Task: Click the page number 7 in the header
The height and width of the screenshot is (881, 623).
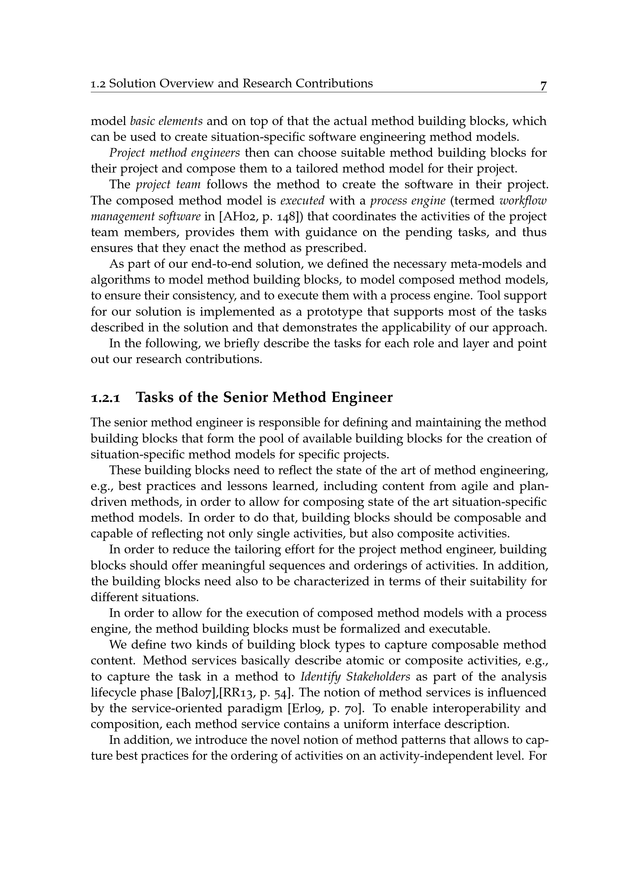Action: [543, 85]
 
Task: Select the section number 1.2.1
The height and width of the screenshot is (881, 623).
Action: [105, 398]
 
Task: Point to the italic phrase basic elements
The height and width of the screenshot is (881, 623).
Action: [166, 121]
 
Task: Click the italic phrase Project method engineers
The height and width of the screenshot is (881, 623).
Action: [174, 153]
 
